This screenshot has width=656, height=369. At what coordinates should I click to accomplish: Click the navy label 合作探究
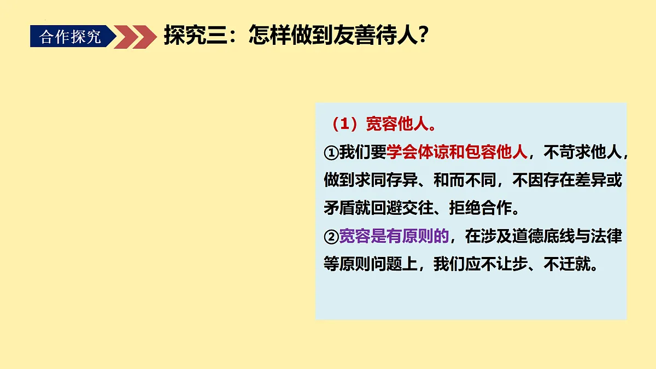click(x=71, y=37)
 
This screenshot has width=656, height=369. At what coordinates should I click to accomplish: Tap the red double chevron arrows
click(x=136, y=37)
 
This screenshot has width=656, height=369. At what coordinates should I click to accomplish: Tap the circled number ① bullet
click(x=331, y=153)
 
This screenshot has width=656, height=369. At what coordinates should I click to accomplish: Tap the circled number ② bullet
click(x=331, y=237)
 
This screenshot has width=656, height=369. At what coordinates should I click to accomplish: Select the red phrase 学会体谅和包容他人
click(x=457, y=153)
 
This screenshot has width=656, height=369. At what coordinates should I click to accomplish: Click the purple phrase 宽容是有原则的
click(x=394, y=237)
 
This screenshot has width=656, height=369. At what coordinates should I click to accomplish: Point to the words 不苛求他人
click(x=583, y=153)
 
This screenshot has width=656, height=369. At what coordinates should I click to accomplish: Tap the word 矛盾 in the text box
click(x=339, y=209)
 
